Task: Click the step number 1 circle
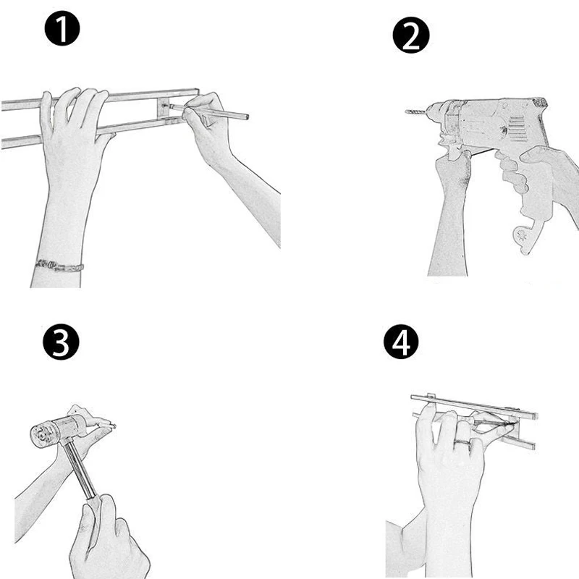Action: [62, 28]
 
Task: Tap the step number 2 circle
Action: [411, 35]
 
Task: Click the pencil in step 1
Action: [209, 111]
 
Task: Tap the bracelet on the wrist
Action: [59, 266]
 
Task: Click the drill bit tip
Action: [406, 111]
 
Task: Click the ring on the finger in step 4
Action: [463, 441]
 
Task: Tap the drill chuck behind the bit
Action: [436, 111]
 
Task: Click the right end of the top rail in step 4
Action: [535, 415]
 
